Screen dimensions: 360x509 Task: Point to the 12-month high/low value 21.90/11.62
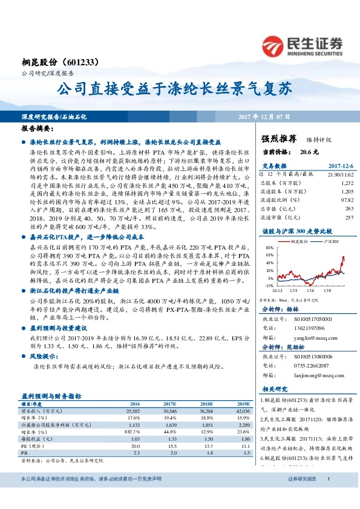coord(339,173)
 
